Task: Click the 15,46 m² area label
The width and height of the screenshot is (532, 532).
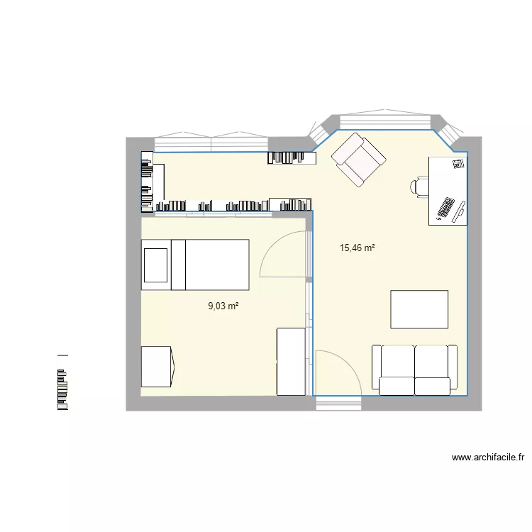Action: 357,248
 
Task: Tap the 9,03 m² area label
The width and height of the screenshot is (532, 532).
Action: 223,306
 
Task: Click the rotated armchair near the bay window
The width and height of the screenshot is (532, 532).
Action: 360,160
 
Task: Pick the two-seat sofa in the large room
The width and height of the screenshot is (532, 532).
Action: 414,369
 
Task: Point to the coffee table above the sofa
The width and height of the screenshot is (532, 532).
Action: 419,309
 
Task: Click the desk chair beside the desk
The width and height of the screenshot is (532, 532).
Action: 419,187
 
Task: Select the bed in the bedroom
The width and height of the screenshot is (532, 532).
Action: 195,265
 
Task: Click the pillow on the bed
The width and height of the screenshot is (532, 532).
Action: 157,265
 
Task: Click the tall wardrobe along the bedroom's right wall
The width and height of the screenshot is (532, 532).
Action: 290,361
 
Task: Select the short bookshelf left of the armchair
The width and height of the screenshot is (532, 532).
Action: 292,157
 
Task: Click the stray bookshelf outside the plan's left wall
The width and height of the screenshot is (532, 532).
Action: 62,382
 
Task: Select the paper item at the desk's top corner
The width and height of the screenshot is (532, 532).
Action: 457,164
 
